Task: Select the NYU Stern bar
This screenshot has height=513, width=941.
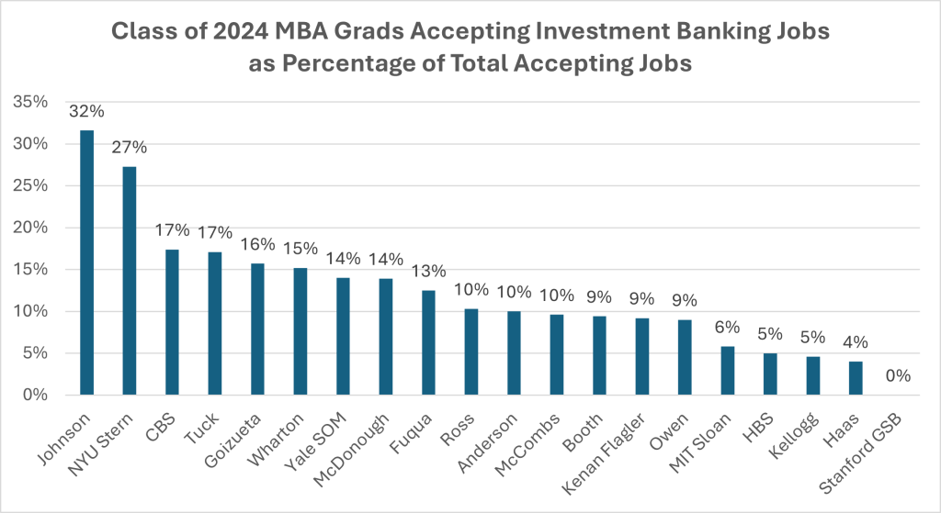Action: point(130,281)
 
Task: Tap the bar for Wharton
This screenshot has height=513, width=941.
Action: point(300,331)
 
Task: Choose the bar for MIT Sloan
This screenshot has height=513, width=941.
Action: point(728,371)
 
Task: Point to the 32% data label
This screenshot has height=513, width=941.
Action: point(87,112)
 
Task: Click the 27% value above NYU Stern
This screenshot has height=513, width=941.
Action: point(130,148)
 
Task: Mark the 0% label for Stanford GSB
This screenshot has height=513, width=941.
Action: point(898,376)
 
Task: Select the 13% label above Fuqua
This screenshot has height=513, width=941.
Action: point(428,271)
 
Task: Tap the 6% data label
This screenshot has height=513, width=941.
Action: point(728,327)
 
